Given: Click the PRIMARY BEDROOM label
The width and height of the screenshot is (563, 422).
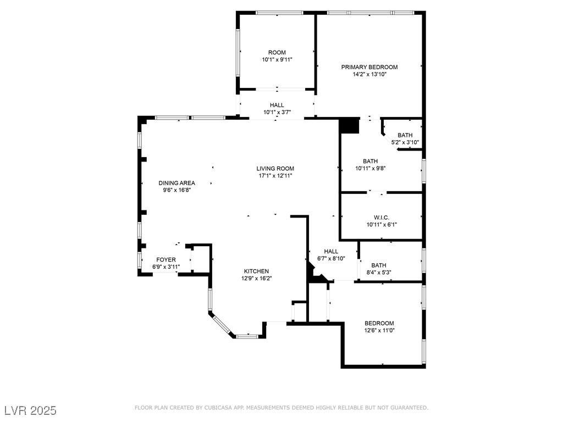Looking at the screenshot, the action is click(369, 67).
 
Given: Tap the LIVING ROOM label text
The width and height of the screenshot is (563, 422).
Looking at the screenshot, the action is click(275, 168).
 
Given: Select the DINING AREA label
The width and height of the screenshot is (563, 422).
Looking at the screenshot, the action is click(176, 183).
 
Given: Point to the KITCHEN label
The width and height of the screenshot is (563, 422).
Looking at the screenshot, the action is click(256, 271).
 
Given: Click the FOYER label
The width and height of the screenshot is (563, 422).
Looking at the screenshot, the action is click(166, 259).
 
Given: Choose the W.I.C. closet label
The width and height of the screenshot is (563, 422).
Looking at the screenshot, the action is click(382, 218).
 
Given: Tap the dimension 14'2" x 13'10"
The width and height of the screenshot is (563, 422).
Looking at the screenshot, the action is click(369, 75).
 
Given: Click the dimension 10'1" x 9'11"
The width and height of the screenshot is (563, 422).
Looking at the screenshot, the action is click(277, 59).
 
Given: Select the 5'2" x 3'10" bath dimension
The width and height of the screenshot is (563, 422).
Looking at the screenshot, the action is click(405, 142).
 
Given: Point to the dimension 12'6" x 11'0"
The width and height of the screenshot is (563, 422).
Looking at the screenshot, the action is click(379, 330).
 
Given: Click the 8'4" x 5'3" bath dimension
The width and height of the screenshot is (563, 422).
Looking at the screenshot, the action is click(379, 273).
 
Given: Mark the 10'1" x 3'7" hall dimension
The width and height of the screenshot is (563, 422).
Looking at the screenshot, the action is click(277, 112).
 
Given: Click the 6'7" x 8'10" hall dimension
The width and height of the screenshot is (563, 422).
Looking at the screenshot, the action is click(331, 258).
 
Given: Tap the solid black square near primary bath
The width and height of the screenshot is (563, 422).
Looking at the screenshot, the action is click(349, 126).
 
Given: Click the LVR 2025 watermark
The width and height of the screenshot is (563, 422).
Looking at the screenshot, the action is click(31, 410).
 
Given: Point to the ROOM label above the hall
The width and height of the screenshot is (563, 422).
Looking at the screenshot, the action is click(277, 52).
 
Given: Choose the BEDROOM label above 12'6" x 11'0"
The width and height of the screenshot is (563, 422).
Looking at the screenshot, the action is click(379, 323).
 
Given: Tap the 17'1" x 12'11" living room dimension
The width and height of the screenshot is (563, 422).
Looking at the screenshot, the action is click(275, 176).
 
